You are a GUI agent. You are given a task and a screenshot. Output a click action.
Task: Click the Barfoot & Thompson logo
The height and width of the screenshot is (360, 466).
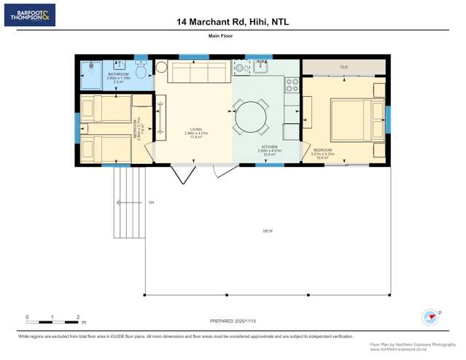coord(29,15)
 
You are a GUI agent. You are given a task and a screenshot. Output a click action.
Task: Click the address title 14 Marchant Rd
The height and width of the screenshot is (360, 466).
coord(232,22)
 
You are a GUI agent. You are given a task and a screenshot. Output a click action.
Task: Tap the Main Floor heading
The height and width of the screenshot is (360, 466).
coord(233,36)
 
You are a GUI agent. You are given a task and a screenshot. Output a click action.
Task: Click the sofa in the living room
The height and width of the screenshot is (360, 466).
coord(198,73)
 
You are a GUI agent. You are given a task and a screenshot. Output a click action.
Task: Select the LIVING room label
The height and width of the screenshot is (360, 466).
coord(195,130)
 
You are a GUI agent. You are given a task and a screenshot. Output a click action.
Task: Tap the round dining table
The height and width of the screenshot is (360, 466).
coord(252,117)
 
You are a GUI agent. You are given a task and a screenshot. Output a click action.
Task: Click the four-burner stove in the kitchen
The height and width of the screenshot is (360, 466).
coord(292,85)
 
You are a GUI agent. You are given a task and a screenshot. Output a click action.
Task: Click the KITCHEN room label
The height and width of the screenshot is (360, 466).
coord(270,147)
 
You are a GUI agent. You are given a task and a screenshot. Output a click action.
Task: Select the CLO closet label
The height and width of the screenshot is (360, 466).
coord(343,67)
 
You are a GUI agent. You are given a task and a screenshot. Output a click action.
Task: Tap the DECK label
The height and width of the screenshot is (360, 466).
coord(268,231)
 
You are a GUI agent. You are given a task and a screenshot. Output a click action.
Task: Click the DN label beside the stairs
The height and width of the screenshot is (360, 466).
coord(151,202)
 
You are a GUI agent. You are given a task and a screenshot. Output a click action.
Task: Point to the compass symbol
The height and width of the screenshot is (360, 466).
coord(430,317)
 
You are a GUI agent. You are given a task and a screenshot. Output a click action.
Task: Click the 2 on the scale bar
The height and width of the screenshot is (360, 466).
coord(77,317)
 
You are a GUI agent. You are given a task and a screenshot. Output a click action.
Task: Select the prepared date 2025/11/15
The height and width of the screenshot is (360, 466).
coord(233,321)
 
